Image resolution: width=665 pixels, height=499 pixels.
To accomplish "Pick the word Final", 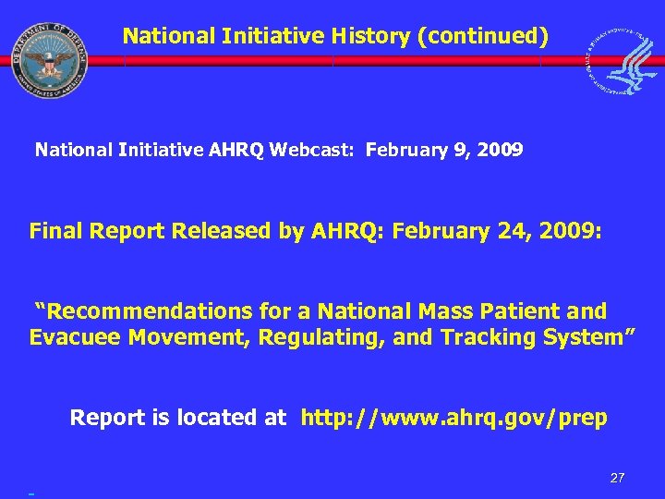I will point(56,231).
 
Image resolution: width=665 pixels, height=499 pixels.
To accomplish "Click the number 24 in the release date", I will point(497,231).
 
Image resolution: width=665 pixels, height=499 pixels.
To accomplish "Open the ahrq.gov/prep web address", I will point(454,419).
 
